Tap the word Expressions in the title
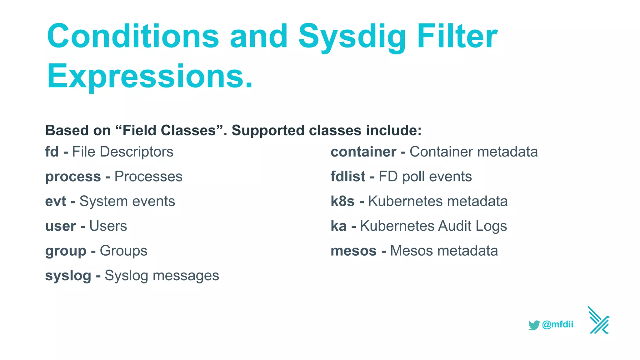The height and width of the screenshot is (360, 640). (x=149, y=76)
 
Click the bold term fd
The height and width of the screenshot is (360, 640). (x=52, y=152)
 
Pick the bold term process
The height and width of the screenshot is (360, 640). (x=73, y=177)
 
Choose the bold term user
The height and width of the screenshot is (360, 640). (x=61, y=226)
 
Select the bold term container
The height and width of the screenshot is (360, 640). (x=363, y=152)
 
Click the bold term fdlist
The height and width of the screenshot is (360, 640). (x=348, y=177)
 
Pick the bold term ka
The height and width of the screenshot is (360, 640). (x=338, y=226)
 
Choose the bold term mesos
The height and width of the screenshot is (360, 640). (x=353, y=251)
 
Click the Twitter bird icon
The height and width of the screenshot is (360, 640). (x=534, y=325)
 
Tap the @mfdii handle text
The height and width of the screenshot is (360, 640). (x=558, y=324)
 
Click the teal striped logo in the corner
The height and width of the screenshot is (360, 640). (x=599, y=320)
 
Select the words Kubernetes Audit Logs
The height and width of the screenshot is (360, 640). (x=433, y=226)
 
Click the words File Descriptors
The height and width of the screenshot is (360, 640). (x=122, y=152)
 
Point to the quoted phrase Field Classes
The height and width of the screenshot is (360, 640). (x=169, y=131)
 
